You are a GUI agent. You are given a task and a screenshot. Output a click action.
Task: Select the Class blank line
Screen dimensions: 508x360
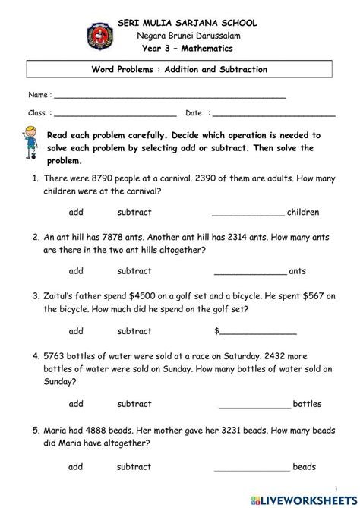point(114,114)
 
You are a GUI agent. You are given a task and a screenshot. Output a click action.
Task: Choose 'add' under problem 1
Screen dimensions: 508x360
point(76,212)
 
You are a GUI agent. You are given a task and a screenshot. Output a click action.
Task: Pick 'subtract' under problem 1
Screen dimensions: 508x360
point(134,212)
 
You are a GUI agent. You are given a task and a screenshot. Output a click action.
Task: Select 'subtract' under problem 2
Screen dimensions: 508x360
point(134,271)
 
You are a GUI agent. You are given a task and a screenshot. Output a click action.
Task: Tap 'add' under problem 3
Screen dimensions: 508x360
point(76,331)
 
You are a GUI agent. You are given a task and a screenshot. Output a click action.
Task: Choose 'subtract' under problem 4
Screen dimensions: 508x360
point(134,404)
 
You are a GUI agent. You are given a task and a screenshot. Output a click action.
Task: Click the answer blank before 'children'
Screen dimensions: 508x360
point(248,213)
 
